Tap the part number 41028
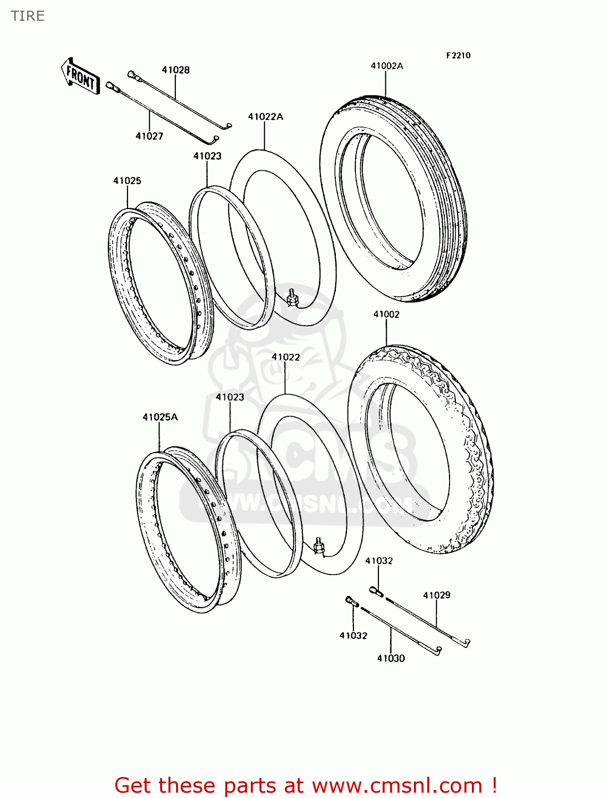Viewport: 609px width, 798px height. tap(176, 70)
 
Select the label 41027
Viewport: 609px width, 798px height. tap(149, 136)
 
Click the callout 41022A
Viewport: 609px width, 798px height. tap(265, 117)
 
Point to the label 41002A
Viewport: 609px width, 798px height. tap(387, 66)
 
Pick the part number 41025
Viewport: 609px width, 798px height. tap(127, 181)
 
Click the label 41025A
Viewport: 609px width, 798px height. tap(160, 417)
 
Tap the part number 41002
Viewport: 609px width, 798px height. tap(386, 314)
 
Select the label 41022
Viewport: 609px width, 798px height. tap(286, 357)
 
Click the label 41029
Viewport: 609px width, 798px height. tap(437, 595)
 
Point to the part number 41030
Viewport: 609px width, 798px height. tap(391, 659)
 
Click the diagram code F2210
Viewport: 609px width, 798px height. tap(458, 55)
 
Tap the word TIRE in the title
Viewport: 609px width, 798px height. tap(28, 16)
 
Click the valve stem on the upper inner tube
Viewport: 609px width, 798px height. tap(291, 296)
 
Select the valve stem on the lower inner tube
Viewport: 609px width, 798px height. tap(319, 547)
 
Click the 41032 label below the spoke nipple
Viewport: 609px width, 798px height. tap(353, 636)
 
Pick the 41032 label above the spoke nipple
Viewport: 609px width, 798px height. tap(379, 561)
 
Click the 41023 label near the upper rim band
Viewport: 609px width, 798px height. tap(207, 156)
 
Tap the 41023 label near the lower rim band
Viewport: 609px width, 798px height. tap(230, 397)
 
